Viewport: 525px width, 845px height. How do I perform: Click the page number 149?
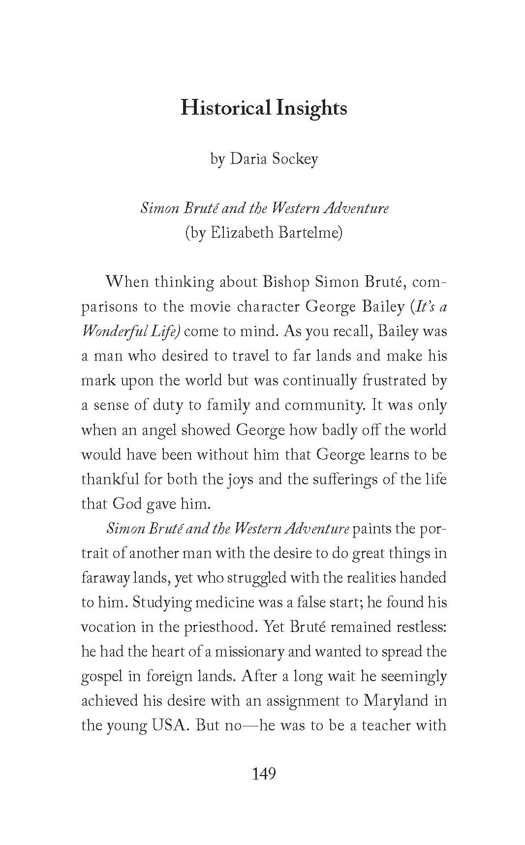264,774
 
